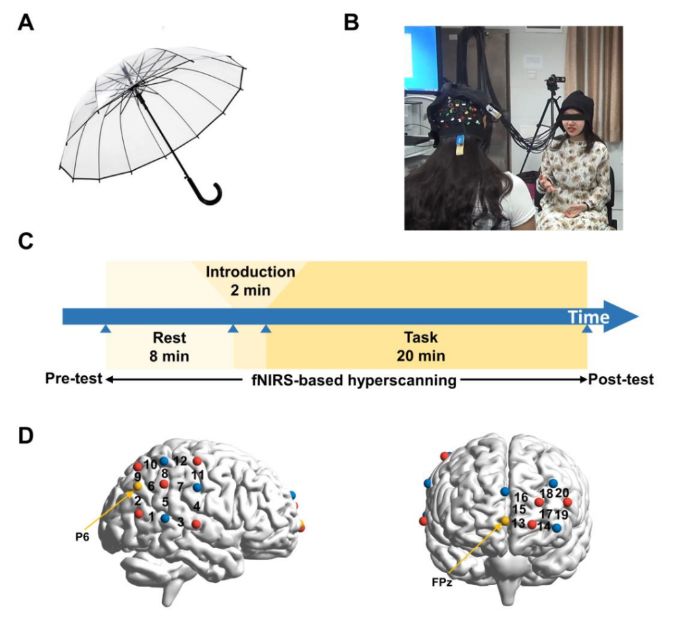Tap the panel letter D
click(x=26, y=434)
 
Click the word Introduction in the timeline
click(x=250, y=272)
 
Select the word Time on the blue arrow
click(x=588, y=317)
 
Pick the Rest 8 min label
click(x=169, y=346)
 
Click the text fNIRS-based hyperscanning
click(x=349, y=380)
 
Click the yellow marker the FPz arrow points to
click(x=504, y=521)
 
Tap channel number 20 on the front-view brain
click(x=562, y=493)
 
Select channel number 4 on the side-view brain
click(x=196, y=505)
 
